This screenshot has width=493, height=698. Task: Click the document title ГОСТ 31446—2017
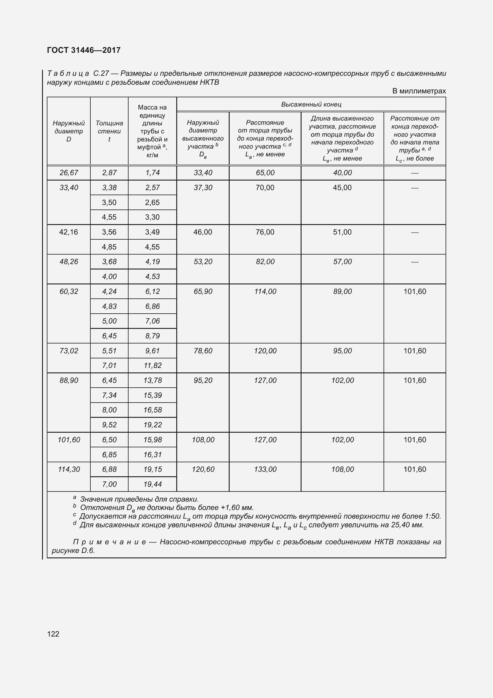coord(84,50)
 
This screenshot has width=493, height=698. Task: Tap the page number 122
coord(53,634)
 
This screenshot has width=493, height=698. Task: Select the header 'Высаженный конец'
coord(311,104)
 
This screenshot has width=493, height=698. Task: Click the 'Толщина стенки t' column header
coord(109,131)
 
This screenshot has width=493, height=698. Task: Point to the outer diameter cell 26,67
coord(69,173)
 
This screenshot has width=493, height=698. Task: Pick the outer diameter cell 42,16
coord(69,232)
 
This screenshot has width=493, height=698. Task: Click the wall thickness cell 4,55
coord(109,217)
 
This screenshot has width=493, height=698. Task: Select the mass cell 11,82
coord(152,366)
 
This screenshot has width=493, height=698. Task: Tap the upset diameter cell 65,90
coord(203,291)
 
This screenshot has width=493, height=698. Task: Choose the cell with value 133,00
coord(265,469)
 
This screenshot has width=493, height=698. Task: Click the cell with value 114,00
coord(265,291)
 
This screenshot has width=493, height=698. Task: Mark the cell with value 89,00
coord(342,291)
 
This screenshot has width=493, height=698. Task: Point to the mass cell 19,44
coord(152,484)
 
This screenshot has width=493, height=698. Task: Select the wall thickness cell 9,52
coord(109,425)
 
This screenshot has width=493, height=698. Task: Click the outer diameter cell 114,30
coord(69,469)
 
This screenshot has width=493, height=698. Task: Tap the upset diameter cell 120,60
coord(203,469)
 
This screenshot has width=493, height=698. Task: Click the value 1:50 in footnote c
coord(432,516)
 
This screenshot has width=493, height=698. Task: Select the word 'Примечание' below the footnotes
coord(109,542)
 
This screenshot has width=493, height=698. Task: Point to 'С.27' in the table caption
coord(101,73)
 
